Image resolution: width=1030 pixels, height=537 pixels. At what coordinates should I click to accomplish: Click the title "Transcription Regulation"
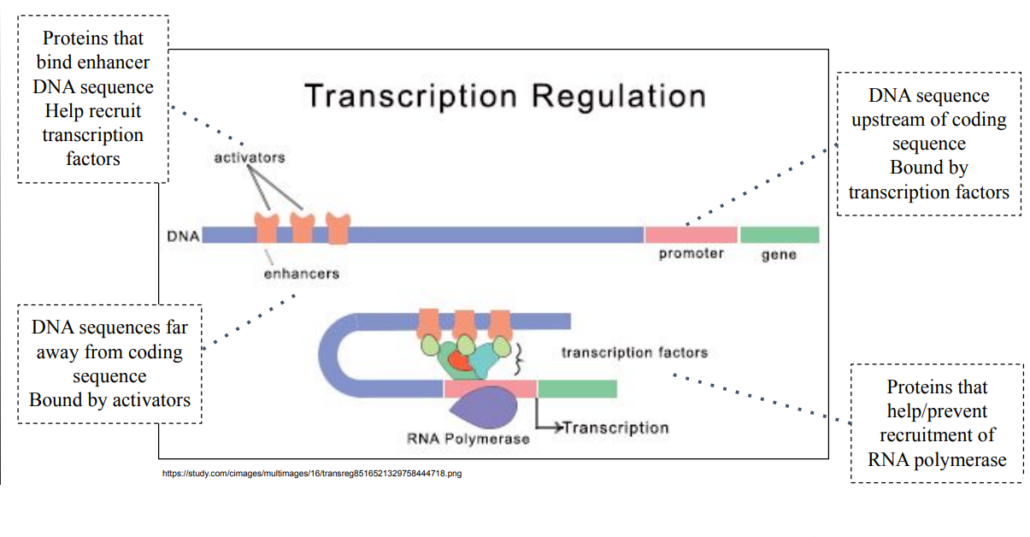pyautogui.click(x=504, y=95)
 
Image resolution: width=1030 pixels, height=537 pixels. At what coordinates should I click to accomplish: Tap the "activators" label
pyautogui.click(x=249, y=157)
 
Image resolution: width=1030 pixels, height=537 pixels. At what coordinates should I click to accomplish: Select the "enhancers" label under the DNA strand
pyautogui.click(x=301, y=274)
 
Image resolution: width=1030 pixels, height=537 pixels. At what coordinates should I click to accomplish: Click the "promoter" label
pyautogui.click(x=691, y=254)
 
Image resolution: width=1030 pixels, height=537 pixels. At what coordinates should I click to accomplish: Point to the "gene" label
pyautogui.click(x=778, y=255)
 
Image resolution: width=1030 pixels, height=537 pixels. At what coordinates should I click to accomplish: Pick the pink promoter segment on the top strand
pyautogui.click(x=691, y=234)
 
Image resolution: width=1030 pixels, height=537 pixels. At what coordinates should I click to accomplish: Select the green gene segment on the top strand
pyautogui.click(x=779, y=234)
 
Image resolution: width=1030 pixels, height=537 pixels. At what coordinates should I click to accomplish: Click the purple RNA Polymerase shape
pyautogui.click(x=488, y=407)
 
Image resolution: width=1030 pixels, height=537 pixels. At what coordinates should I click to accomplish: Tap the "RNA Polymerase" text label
pyautogui.click(x=468, y=439)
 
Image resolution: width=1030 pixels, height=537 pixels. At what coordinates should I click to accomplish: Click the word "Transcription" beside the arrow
pyautogui.click(x=615, y=428)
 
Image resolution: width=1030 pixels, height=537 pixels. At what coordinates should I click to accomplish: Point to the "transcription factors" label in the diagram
pyautogui.click(x=634, y=352)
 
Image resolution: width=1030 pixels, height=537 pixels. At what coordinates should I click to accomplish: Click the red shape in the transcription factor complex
pyautogui.click(x=462, y=361)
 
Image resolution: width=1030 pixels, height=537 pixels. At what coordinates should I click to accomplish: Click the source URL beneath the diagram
pyautogui.click(x=311, y=473)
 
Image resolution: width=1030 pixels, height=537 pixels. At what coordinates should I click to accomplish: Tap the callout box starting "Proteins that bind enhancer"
pyautogui.click(x=93, y=98)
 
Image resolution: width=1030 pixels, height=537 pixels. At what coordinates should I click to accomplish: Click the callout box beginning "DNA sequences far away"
pyautogui.click(x=109, y=363)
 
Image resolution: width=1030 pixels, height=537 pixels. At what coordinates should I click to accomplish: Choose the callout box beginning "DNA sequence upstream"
pyautogui.click(x=928, y=144)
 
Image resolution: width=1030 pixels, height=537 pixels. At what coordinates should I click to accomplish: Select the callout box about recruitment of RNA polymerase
pyautogui.click(x=937, y=423)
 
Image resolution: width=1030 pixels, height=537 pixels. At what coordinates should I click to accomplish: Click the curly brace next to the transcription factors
pyautogui.click(x=518, y=359)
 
